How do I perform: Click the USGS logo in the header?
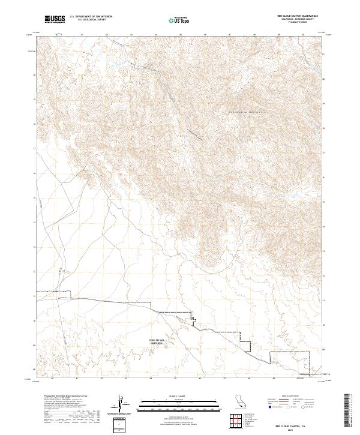pos(55,19)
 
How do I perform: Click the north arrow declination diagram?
pos(119,406)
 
